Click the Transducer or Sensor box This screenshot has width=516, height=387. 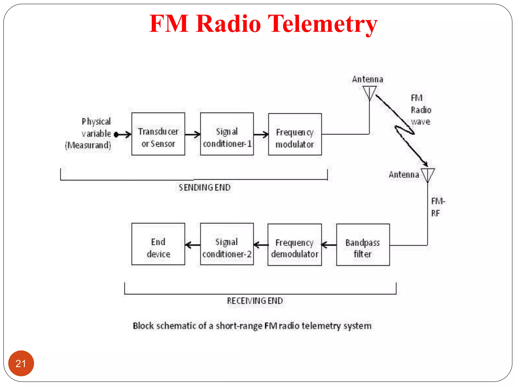[x=158, y=134]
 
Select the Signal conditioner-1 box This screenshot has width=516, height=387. [x=227, y=134]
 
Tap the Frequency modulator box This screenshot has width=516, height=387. [x=295, y=134]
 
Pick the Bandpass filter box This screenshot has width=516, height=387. [x=363, y=245]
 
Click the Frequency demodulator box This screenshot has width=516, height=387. [x=295, y=245]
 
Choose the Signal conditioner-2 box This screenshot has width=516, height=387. [x=227, y=244]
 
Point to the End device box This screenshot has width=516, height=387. [x=158, y=244]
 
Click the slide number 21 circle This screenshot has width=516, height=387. [x=21, y=363]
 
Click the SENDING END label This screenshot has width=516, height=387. [x=204, y=188]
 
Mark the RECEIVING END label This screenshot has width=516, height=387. [x=255, y=301]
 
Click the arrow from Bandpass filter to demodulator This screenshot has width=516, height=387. [x=329, y=245]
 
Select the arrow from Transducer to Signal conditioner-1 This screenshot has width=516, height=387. [x=193, y=135]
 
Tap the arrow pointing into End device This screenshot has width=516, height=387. [x=192, y=245]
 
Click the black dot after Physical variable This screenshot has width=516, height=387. [x=116, y=135]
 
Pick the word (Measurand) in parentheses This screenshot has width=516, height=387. [x=88, y=145]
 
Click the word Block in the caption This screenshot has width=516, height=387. [x=143, y=326]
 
